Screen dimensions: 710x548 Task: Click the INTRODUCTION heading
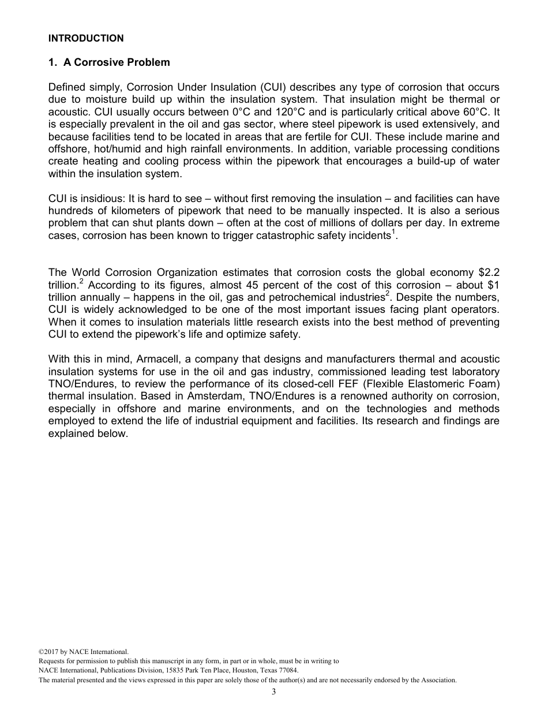tap(86, 39)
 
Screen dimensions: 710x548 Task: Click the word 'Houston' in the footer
tap(240, 671)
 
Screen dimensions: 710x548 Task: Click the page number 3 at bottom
tap(274, 692)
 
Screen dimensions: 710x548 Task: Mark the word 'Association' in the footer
tap(438, 680)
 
